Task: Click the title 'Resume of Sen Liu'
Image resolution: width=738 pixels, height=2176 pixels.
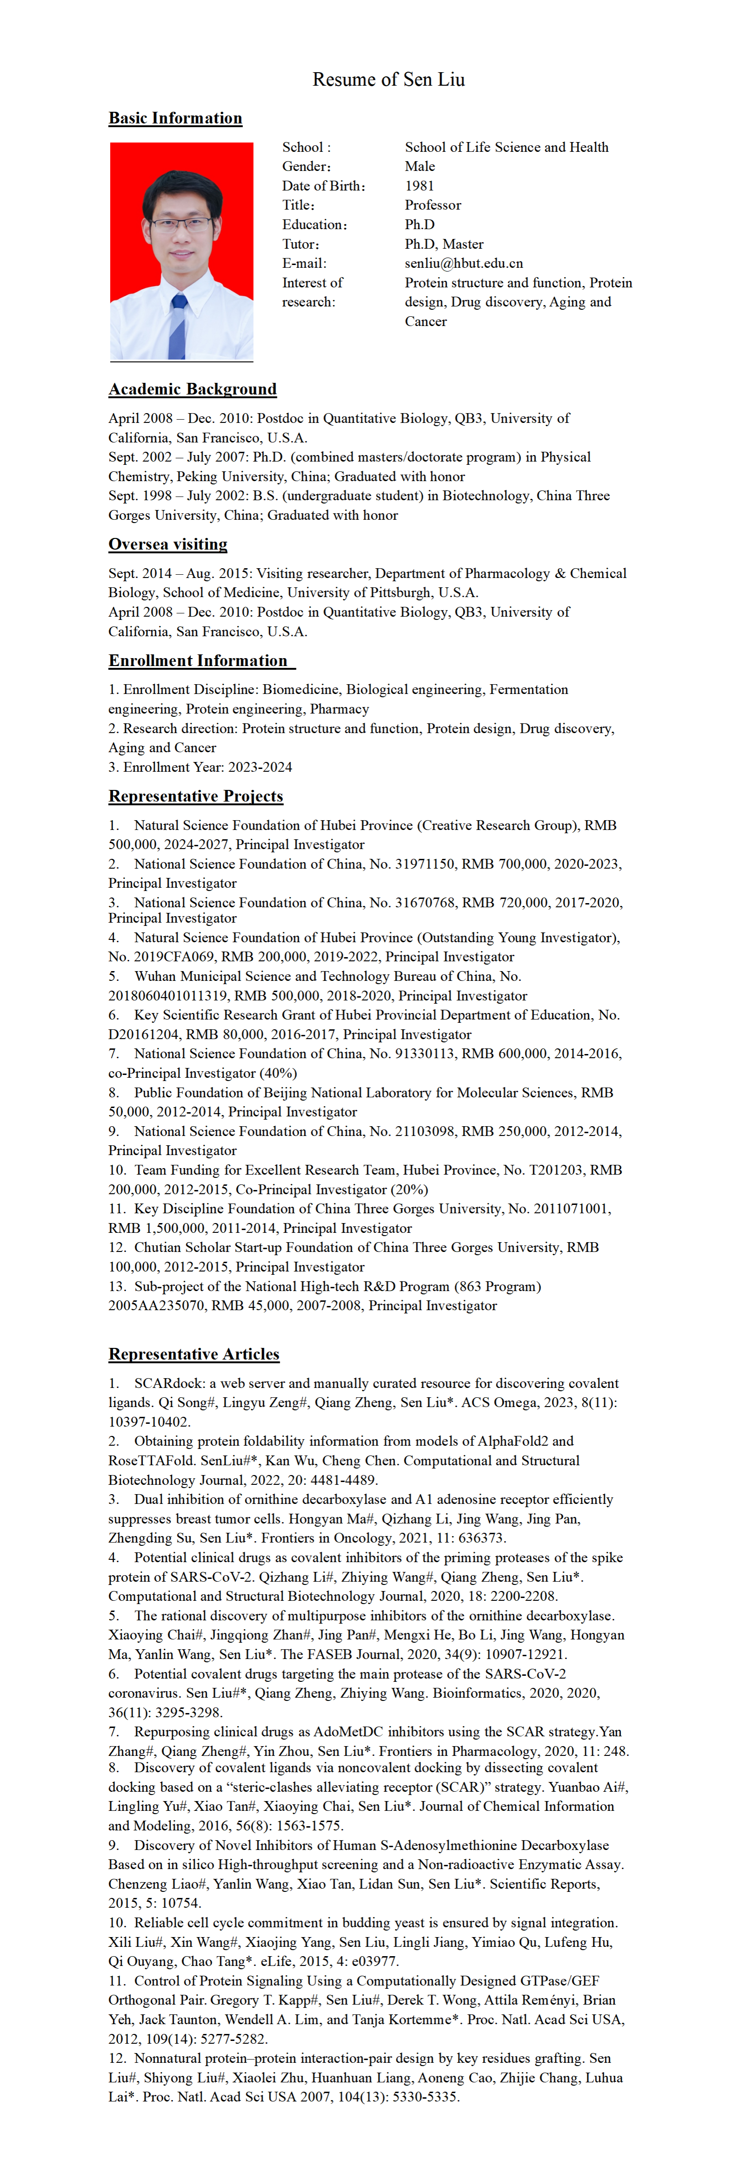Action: [389, 79]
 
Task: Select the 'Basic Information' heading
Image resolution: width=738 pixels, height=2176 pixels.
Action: [175, 118]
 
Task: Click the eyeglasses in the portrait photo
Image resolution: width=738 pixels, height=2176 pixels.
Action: [181, 224]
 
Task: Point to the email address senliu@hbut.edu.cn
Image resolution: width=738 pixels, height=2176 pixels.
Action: [463, 264]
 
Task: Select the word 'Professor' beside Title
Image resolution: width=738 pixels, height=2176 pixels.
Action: [432, 205]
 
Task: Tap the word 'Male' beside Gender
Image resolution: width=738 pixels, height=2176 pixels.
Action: [420, 166]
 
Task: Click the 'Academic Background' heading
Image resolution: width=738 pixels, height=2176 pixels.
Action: [193, 389]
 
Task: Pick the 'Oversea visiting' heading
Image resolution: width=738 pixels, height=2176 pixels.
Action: [168, 544]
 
